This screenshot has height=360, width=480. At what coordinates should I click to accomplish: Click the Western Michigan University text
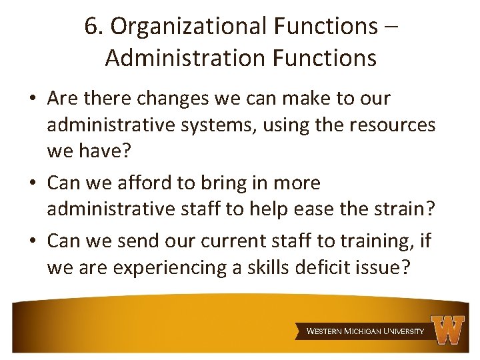pos(365,331)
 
